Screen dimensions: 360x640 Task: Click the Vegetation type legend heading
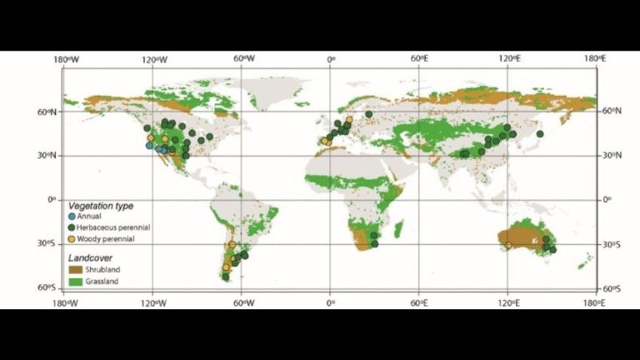[101, 205]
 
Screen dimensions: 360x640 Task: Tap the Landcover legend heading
[92, 257]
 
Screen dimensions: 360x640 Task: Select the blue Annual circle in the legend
[72, 216]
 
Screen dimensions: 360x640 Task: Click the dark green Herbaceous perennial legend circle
[72, 227]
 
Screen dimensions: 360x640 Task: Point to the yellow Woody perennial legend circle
[72, 239]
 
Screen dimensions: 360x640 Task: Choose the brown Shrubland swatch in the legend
[73, 269]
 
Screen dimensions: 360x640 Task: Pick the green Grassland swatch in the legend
[73, 281]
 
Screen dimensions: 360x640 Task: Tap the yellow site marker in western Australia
[507, 246]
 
